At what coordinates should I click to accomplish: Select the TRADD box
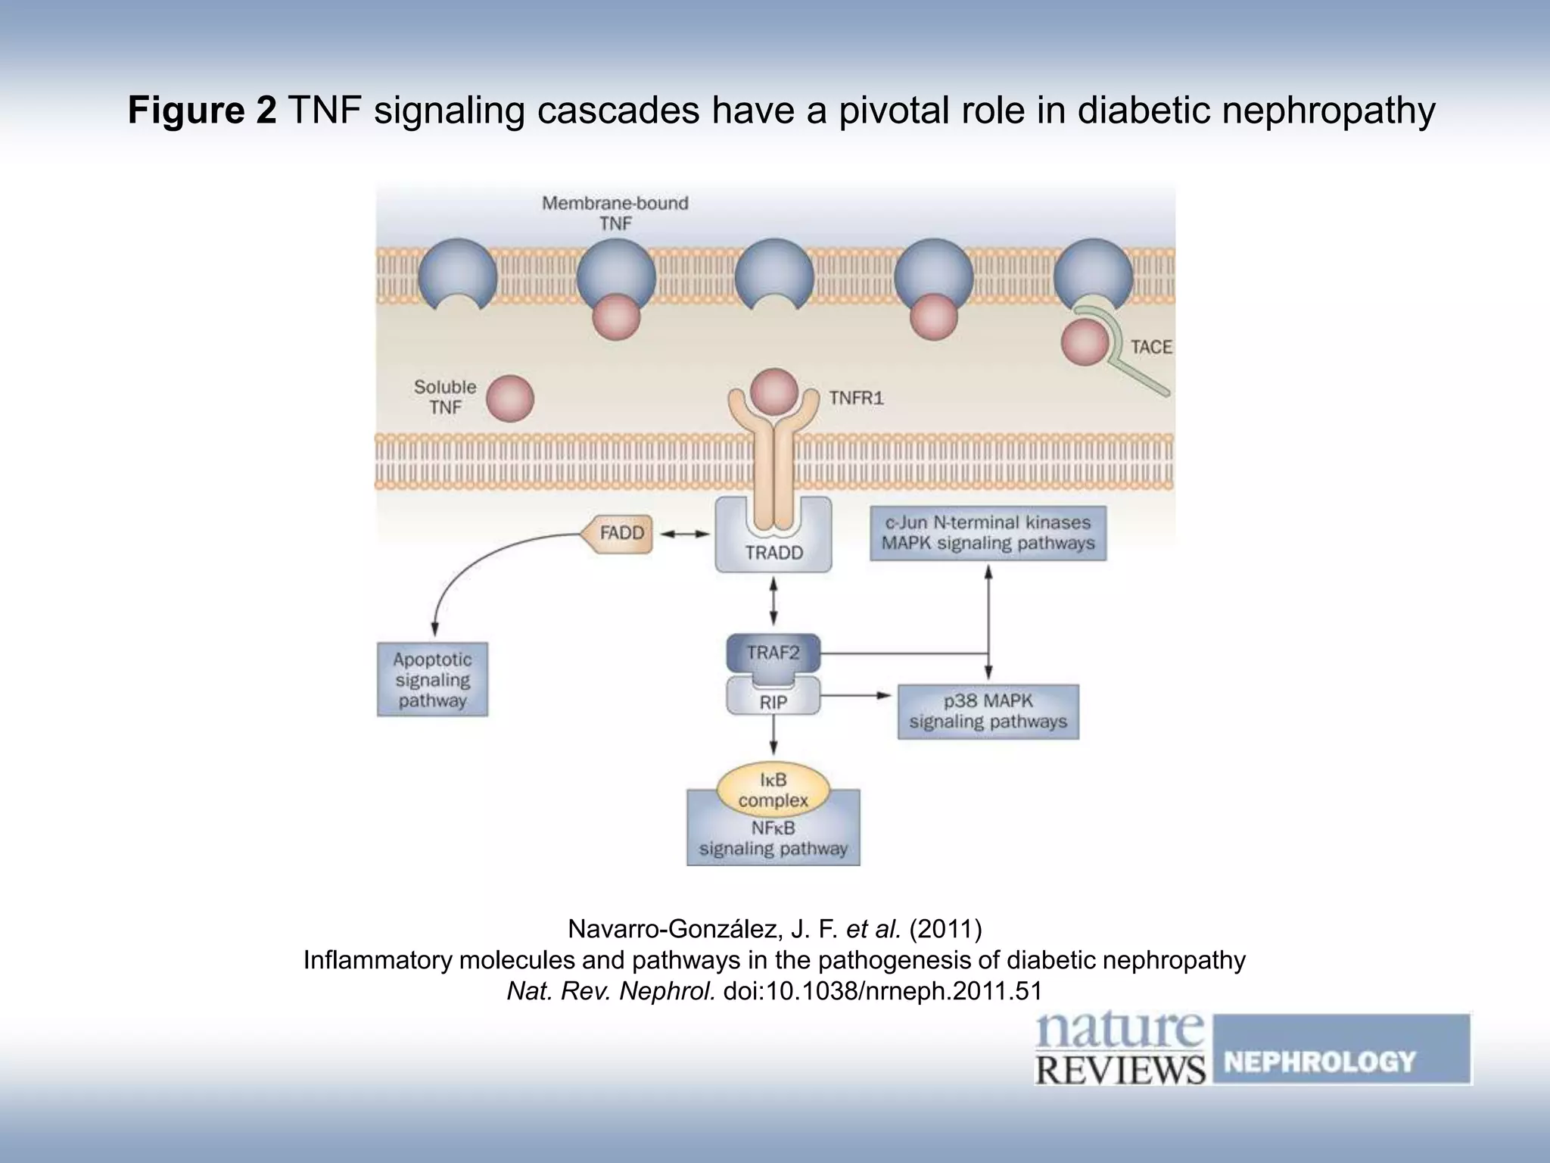[x=773, y=553]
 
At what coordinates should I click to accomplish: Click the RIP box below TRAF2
[x=773, y=702]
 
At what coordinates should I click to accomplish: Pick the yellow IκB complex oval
[x=773, y=790]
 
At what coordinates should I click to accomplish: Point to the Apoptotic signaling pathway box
[x=432, y=680]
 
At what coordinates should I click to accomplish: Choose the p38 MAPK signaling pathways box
[x=988, y=712]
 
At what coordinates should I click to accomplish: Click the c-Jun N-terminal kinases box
[x=988, y=533]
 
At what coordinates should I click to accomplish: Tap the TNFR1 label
[x=856, y=398]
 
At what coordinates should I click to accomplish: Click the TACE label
[x=1150, y=347]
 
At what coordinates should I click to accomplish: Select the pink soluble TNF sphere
[x=509, y=398]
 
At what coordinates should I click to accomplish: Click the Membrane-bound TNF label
[x=615, y=213]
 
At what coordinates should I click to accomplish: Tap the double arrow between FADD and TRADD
[x=684, y=535]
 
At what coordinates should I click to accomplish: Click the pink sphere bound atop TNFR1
[x=773, y=391]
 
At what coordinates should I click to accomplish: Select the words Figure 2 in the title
[x=202, y=111]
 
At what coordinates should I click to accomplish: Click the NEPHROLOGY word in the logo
[x=1319, y=1061]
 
